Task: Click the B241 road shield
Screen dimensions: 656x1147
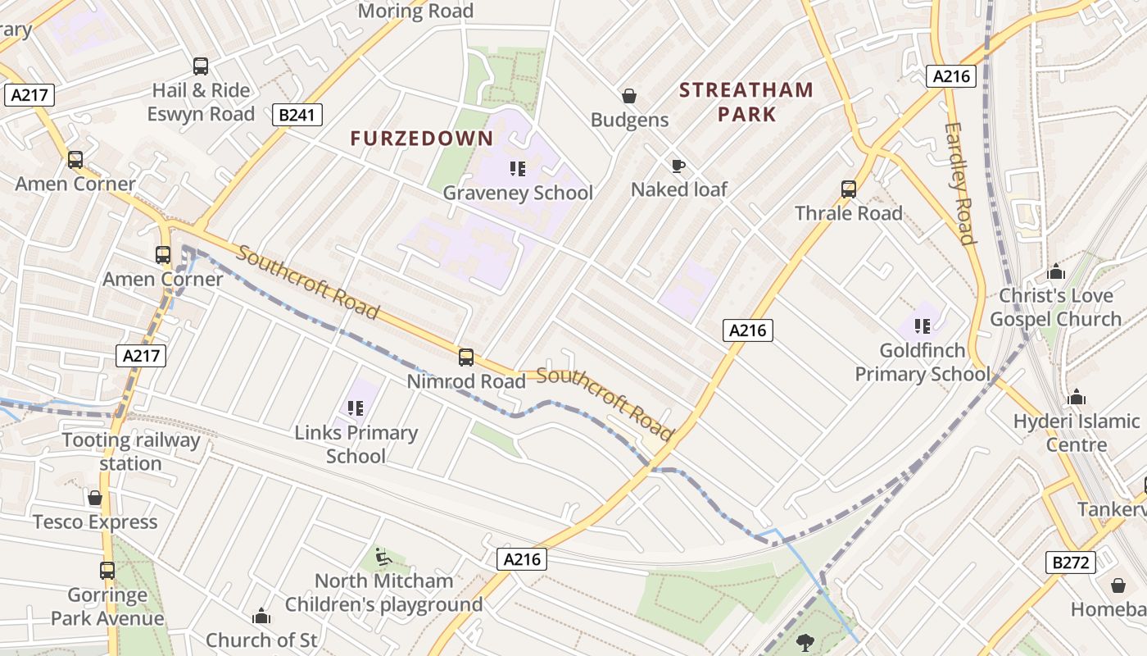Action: coord(297,115)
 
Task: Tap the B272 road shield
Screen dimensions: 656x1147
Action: coord(1071,562)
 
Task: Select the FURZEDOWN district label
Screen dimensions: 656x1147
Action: coord(422,139)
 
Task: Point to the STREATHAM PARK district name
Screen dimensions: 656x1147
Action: coord(746,102)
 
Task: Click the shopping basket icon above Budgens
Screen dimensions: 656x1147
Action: coord(629,96)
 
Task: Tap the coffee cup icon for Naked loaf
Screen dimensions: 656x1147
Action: coord(678,166)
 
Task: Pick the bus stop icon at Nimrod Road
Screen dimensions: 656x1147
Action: coord(466,357)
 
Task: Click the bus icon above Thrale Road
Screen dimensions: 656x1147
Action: coord(849,189)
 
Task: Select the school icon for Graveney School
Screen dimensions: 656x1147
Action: coord(517,169)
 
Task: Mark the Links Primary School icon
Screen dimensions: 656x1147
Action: coord(356,408)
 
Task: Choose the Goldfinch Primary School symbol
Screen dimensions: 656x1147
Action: coord(923,326)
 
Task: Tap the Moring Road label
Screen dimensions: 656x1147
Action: coord(415,11)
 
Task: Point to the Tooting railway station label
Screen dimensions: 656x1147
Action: coord(131,452)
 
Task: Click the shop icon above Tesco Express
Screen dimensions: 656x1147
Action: coord(95,498)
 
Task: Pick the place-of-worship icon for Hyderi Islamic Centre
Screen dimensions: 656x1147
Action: coord(1077,398)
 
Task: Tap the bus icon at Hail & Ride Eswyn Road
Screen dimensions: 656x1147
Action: coord(201,66)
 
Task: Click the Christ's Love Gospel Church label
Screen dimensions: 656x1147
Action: coord(1055,307)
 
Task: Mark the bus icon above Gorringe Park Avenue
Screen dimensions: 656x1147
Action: coord(107,570)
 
